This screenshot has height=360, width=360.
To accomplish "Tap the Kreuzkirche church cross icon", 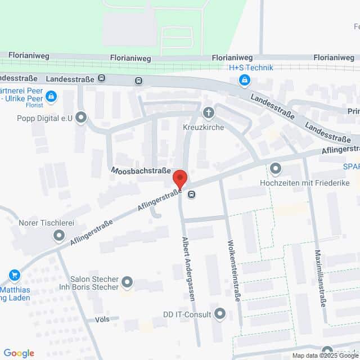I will pos(209,113).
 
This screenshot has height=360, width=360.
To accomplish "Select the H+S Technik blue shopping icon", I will pos(244,81).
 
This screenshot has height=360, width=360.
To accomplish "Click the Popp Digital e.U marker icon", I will pos(82,118).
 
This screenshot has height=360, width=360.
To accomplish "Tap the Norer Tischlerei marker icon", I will pos(59,236).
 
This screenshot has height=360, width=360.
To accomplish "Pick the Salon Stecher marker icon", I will pos(127,281).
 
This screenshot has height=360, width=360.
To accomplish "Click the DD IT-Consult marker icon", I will pos(220,314).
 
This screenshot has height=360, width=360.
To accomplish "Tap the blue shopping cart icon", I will pos(15,275).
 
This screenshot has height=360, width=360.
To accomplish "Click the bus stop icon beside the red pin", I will pos(192,195).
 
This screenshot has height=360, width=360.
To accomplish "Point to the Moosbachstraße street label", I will pos(141,169).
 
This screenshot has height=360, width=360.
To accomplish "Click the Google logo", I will pos(19,353).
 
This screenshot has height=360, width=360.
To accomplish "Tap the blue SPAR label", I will pos(352,166).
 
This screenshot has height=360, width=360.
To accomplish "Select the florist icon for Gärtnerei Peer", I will pos(51,96).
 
